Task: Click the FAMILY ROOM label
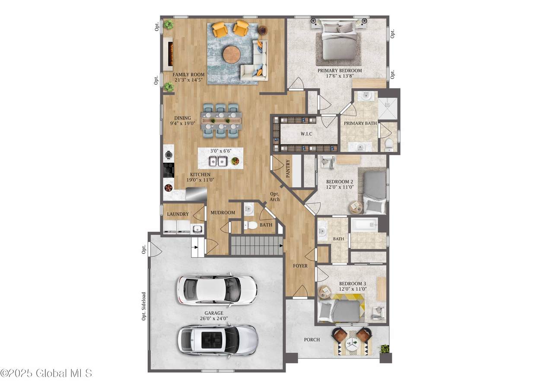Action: [188, 74]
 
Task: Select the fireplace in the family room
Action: [169, 54]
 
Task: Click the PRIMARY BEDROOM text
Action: [340, 71]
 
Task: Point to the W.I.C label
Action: [306, 134]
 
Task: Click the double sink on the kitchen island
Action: [218, 161]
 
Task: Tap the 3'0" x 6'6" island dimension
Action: [221, 151]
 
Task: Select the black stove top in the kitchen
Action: [169, 170]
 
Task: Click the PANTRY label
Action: [288, 169]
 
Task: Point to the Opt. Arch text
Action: [274, 197]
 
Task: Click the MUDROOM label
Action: [222, 212]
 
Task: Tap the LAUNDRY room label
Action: [178, 214]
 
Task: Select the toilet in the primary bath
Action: [388, 145]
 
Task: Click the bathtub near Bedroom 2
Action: [364, 224]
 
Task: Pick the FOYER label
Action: [300, 266]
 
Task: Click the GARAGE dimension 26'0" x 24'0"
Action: [214, 318]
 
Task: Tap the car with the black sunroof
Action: [218, 340]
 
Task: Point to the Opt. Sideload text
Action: [144, 306]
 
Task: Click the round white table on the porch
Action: [352, 343]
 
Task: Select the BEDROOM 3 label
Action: [353, 284]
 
